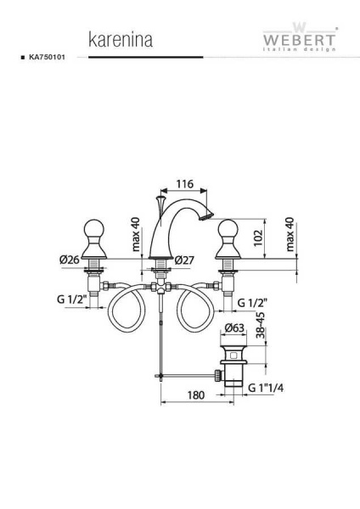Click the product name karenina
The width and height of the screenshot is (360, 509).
click(121, 40)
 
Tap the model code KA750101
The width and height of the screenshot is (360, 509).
click(47, 57)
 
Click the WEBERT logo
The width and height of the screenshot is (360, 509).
click(299, 37)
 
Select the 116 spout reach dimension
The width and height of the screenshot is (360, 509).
click(184, 184)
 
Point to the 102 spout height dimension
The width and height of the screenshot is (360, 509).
click(257, 238)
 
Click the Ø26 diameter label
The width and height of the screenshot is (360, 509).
click(70, 260)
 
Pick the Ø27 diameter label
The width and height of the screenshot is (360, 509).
click(184, 260)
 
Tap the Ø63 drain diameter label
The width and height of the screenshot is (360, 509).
click(234, 327)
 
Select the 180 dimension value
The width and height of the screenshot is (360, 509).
click(196, 395)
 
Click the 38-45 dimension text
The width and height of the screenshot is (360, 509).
click(260, 325)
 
